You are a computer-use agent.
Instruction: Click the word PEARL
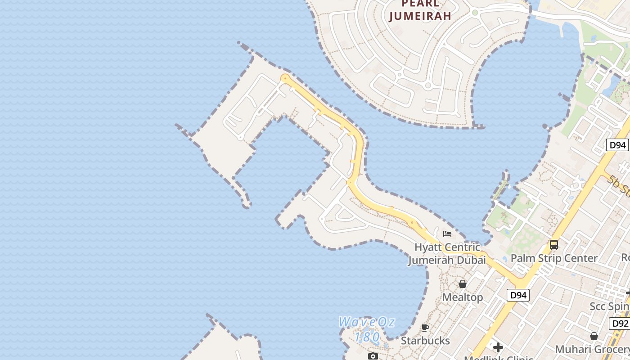pyautogui.click(x=420, y=4)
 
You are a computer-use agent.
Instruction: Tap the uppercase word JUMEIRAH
pyautogui.click(x=420, y=16)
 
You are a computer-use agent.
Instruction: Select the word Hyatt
pyautogui.click(x=428, y=247)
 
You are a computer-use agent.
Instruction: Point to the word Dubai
pyautogui.click(x=471, y=260)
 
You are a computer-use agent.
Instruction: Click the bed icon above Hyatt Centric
pyautogui.click(x=447, y=234)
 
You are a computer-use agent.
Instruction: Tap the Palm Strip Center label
pyautogui.click(x=554, y=258)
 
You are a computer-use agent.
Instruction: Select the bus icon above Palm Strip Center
pyautogui.click(x=554, y=245)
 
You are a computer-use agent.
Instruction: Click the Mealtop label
pyautogui.click(x=463, y=297)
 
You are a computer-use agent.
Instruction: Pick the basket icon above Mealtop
pyautogui.click(x=463, y=284)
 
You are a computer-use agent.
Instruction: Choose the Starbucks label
pyautogui.click(x=425, y=340)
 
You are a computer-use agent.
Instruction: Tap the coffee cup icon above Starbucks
pyautogui.click(x=425, y=328)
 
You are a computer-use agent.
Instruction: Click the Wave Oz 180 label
pyautogui.click(x=366, y=329)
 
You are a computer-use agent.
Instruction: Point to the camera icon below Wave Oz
pyautogui.click(x=373, y=356)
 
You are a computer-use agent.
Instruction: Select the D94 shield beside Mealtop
pyautogui.click(x=518, y=295)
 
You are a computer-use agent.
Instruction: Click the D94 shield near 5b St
pyautogui.click(x=617, y=145)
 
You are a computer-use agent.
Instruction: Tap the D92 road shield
pyautogui.click(x=620, y=323)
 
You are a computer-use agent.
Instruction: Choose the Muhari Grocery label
pyautogui.click(x=592, y=349)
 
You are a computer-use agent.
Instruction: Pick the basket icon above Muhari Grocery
pyautogui.click(x=594, y=336)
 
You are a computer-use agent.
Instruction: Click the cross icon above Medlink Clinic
pyautogui.click(x=498, y=347)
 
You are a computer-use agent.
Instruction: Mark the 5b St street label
pyautogui.click(x=619, y=185)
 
